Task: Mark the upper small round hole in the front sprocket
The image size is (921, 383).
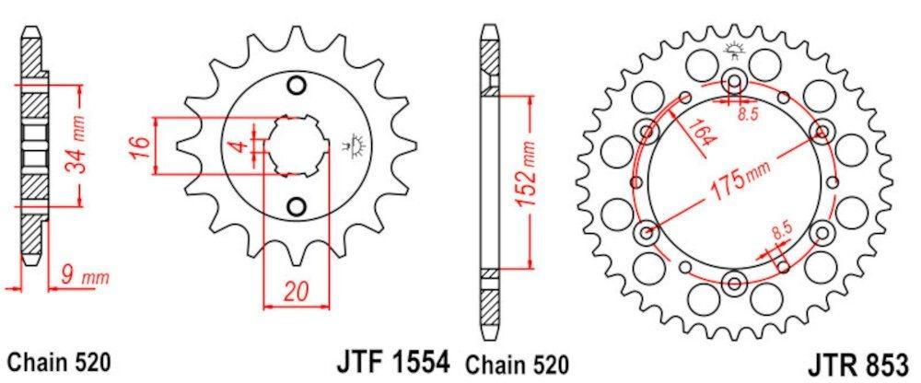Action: pos(297,87)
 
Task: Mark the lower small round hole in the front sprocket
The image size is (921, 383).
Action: pos(297,203)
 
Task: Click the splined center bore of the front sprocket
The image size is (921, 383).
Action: pos(297,145)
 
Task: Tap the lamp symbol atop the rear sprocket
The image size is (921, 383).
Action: pos(734,50)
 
